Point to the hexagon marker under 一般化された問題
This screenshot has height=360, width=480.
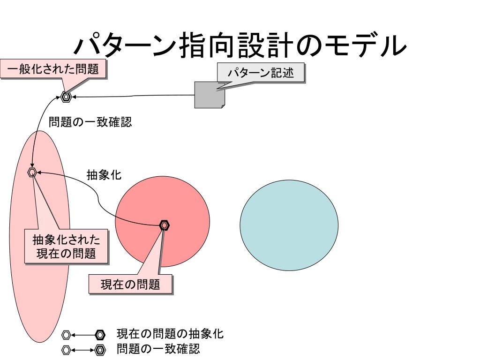tap(66, 97)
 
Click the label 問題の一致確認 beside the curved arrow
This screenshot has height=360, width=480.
tap(90, 122)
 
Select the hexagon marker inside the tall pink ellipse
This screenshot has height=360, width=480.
tap(32, 172)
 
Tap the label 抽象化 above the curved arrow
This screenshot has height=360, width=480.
tap(104, 175)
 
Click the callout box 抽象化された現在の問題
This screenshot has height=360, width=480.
tap(66, 247)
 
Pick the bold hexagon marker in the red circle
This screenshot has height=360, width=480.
tap(164, 225)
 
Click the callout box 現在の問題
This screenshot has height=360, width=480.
tap(130, 284)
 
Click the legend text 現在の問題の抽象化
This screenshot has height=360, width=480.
tap(170, 334)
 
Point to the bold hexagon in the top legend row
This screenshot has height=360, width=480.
tap(100, 335)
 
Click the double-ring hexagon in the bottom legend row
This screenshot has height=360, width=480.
tap(100, 350)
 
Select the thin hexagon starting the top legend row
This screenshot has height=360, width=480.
tap(67, 335)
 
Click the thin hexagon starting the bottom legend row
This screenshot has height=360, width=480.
tap(67, 350)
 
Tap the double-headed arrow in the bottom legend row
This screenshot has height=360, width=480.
tap(83, 350)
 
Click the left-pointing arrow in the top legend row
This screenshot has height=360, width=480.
tap(83, 335)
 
